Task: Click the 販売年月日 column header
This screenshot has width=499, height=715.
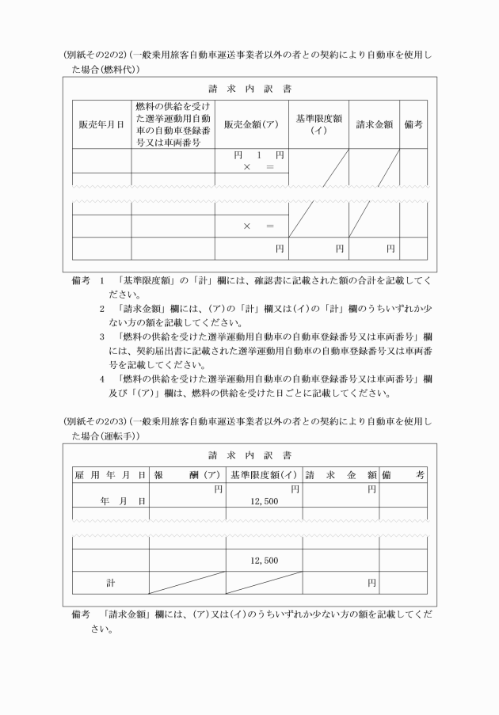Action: pos(101,124)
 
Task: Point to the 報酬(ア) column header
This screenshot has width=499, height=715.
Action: pos(187,475)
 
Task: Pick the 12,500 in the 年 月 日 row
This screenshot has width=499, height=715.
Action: pos(264,501)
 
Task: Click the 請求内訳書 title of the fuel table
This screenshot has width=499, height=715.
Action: pos(249,89)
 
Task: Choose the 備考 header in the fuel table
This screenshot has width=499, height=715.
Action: pos(413,124)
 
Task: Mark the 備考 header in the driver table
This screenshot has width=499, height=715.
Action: pos(403,475)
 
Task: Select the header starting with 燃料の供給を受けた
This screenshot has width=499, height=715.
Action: pos(172,124)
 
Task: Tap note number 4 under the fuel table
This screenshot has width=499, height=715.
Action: pos(103,378)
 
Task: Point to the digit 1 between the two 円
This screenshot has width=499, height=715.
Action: pos(258,155)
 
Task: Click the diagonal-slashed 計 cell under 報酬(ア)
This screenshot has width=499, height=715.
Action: pos(187,582)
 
